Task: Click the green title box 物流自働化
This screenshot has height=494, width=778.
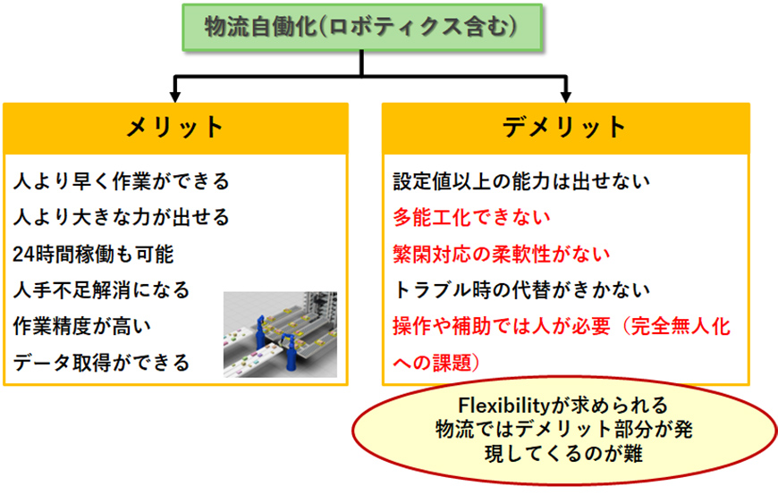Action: pyautogui.click(x=362, y=28)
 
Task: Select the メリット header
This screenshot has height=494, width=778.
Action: pyautogui.click(x=175, y=128)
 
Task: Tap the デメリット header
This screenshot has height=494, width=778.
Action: pyautogui.click(x=565, y=128)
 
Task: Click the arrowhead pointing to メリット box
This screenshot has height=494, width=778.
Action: pyautogui.click(x=175, y=96)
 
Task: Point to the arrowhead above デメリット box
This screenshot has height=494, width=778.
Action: pyautogui.click(x=566, y=96)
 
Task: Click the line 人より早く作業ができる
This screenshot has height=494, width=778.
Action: pyautogui.click(x=122, y=181)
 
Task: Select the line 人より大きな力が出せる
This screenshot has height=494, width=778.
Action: pyautogui.click(x=122, y=217)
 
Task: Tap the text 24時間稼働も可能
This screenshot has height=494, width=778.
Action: pyautogui.click(x=93, y=255)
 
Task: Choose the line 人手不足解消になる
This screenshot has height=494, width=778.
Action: pyautogui.click(x=102, y=290)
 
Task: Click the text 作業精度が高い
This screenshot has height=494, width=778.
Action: pyautogui.click(x=82, y=327)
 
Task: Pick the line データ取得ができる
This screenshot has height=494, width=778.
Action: pyautogui.click(x=102, y=363)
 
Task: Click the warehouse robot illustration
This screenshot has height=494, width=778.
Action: pyautogui.click(x=280, y=334)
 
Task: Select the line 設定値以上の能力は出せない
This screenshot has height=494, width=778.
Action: pyautogui.click(x=521, y=181)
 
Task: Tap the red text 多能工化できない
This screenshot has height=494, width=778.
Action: pyautogui.click(x=472, y=217)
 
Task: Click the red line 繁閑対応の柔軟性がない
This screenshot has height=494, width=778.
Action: pyautogui.click(x=502, y=255)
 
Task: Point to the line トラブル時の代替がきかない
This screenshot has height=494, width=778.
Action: pyautogui.click(x=521, y=290)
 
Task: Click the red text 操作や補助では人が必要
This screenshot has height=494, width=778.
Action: pyautogui.click(x=502, y=327)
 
